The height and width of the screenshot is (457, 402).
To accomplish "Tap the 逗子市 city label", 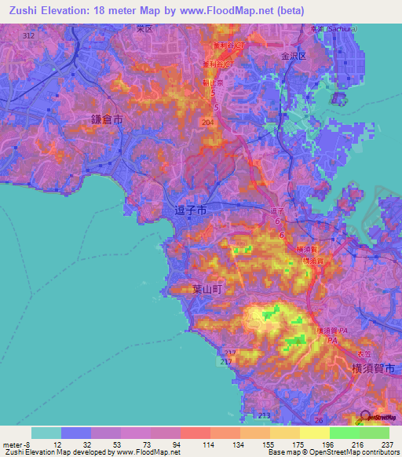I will tap(189, 210).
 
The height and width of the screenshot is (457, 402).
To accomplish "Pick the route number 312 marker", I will tap(29, 36).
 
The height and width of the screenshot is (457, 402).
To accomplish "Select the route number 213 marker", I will tap(265, 415).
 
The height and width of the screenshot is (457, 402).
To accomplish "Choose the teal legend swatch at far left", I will tap(46, 433).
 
